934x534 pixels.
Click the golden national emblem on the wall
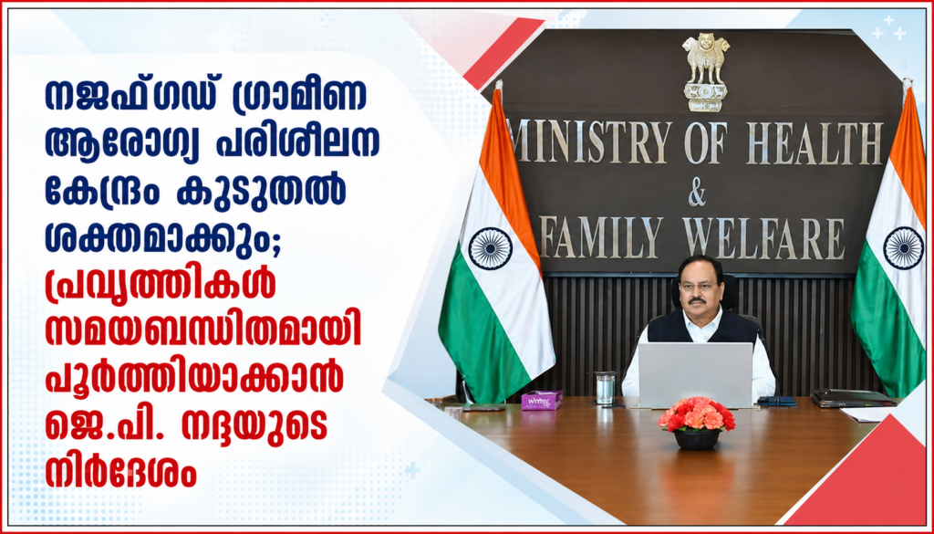point(706,72)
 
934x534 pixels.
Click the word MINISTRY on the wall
point(590,143)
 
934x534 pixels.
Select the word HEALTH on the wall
point(815,143)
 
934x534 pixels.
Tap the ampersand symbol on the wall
point(697,194)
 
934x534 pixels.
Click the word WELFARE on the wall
point(763,237)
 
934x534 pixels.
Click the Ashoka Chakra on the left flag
point(490,248)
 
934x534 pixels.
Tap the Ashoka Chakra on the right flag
point(904,248)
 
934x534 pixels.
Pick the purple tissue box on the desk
point(542,400)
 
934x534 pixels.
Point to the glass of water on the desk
point(605,389)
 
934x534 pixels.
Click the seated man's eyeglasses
point(698,286)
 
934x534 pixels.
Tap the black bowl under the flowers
point(697,439)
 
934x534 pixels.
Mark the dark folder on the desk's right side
point(854,397)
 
